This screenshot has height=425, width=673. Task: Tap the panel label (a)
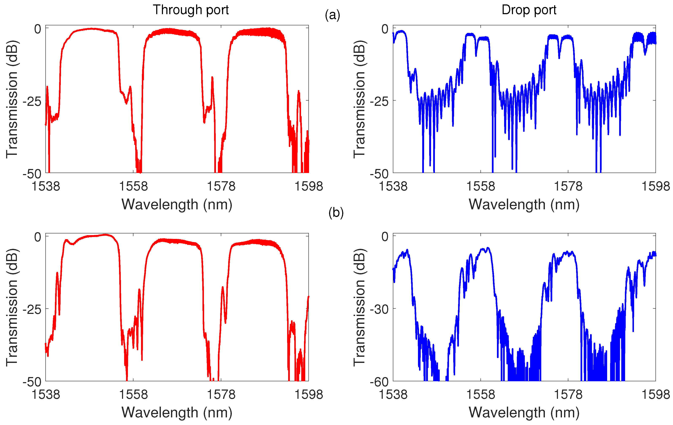click(x=332, y=15)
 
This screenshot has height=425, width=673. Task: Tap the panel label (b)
click(x=336, y=213)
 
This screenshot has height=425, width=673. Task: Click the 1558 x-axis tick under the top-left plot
click(x=133, y=186)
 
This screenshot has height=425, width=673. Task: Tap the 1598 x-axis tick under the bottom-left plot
click(x=309, y=395)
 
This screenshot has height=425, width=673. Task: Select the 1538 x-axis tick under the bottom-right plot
click(x=393, y=395)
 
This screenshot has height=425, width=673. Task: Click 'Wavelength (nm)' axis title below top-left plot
click(x=177, y=204)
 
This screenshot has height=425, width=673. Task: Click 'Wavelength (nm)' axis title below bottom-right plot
click(x=524, y=413)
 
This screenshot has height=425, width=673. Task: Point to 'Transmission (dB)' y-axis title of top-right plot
click(x=360, y=99)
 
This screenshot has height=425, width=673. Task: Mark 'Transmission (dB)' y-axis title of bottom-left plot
click(x=12, y=307)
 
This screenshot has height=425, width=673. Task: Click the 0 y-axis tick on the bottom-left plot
click(x=38, y=237)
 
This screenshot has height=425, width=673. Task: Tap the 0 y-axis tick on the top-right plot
click(x=385, y=29)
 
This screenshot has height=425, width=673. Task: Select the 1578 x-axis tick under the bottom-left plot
click(x=221, y=395)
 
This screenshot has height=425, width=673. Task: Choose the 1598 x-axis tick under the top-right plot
click(x=655, y=186)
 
